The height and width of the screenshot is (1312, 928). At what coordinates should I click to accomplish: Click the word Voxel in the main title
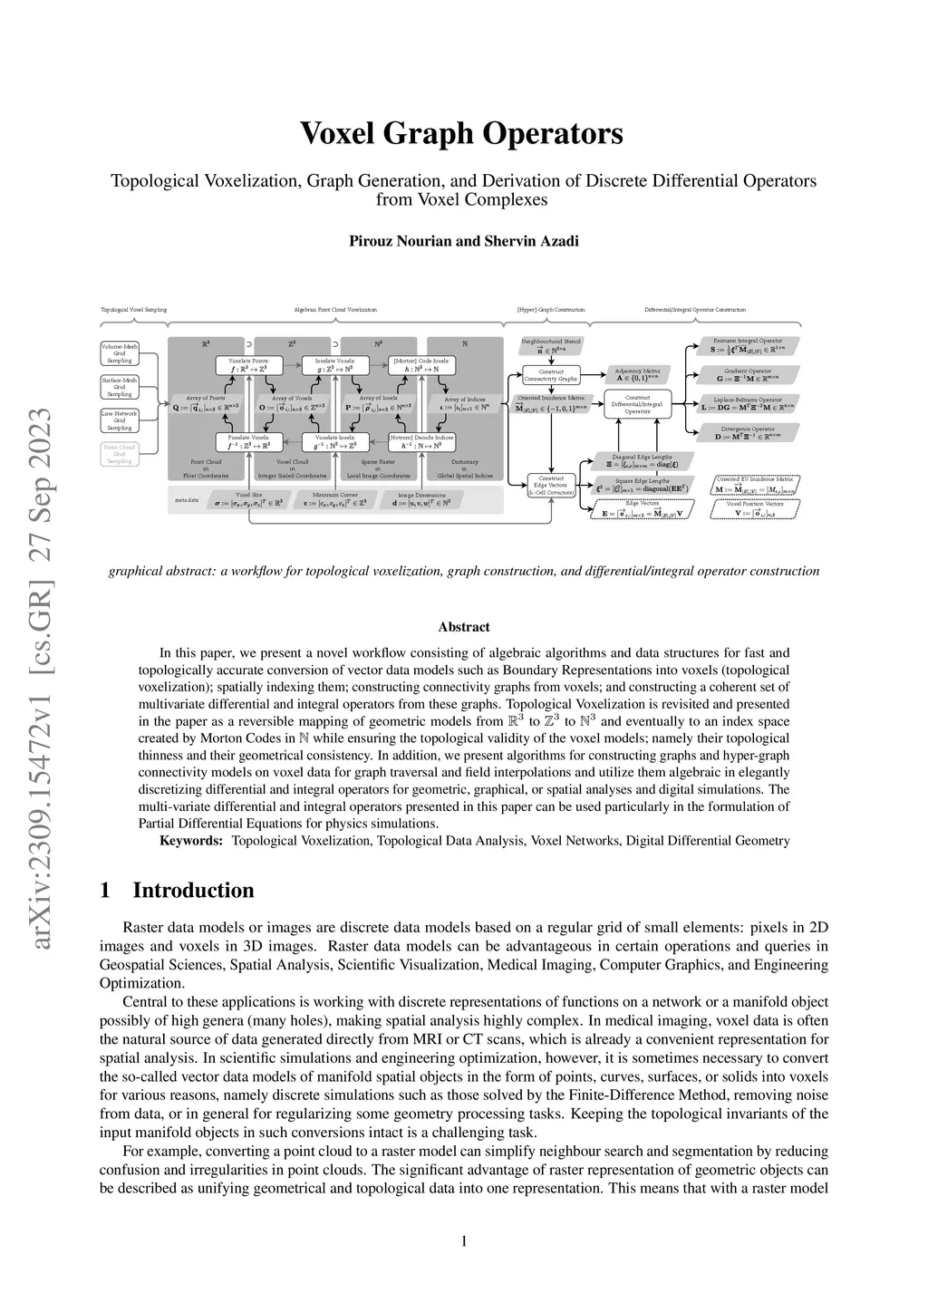tap(339, 133)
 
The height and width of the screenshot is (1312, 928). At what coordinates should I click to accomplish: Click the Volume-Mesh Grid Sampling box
tap(119, 353)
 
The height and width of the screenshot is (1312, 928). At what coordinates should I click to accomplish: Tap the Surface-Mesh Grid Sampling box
tap(119, 387)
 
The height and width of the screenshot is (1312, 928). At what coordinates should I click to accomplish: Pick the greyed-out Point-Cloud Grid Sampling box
tap(119, 454)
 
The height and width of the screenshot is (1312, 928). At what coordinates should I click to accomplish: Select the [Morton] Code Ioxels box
tap(420, 365)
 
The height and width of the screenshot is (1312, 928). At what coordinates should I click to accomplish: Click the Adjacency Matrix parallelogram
tap(638, 375)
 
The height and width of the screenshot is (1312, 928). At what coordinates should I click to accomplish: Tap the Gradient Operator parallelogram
tap(749, 374)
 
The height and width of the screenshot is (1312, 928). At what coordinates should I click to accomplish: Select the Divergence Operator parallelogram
tap(749, 433)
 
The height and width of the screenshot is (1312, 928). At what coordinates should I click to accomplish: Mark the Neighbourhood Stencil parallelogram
tap(551, 344)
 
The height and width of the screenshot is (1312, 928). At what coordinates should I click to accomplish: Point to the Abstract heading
tap(463, 627)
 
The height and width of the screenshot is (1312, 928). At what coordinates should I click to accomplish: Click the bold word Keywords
tap(190, 841)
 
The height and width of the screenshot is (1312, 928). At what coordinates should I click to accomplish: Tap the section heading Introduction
tap(193, 891)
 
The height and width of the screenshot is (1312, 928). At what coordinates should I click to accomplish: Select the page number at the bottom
tap(464, 1241)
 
